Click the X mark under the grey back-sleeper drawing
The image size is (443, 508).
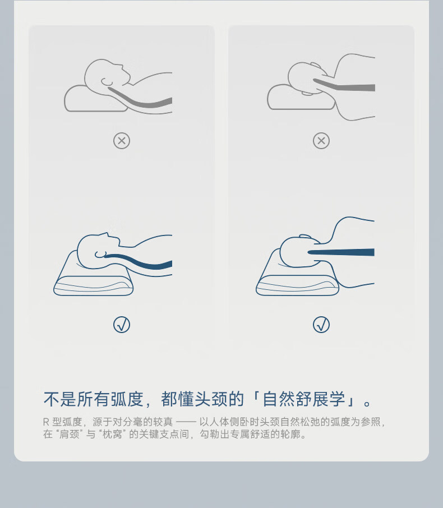coord(122,141)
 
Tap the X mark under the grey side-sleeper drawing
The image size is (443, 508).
coord(321,141)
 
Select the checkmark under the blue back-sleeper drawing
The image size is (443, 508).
coord(122,325)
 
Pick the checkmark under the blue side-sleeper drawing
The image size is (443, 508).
coord(321,325)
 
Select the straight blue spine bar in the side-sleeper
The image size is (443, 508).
coord(341,252)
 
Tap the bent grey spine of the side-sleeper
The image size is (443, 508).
coord(344,87)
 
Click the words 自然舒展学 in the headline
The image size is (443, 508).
coord(303,399)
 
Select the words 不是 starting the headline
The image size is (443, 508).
coord(60,399)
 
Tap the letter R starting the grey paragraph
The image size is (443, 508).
coord(46,422)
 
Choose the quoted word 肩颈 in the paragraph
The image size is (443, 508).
coord(70,434)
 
